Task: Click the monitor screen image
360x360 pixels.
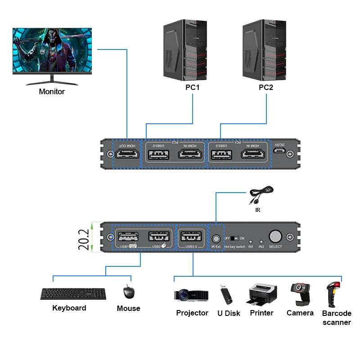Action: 52,50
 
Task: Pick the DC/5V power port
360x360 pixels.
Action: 279,154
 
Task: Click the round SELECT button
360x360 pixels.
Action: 275,237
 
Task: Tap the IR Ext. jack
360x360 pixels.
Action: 216,238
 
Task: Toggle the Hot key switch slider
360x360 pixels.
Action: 234,238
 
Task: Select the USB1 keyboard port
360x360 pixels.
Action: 126,237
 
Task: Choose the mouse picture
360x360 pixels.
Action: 129,292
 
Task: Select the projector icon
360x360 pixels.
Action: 191,295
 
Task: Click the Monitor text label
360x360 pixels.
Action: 52,92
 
